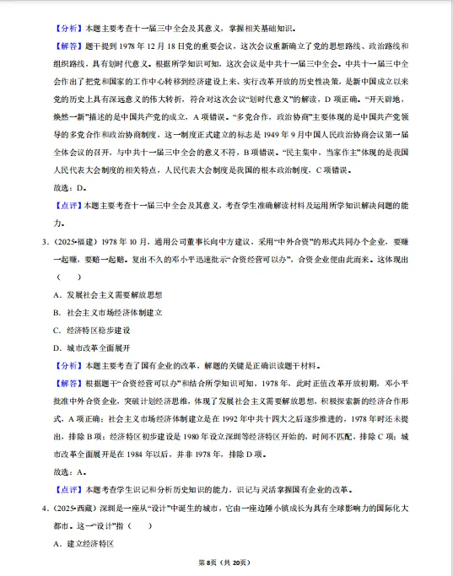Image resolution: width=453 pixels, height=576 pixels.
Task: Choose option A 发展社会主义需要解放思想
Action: [x=107, y=295]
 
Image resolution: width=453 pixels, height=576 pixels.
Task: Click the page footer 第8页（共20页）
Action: [x=226, y=562]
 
